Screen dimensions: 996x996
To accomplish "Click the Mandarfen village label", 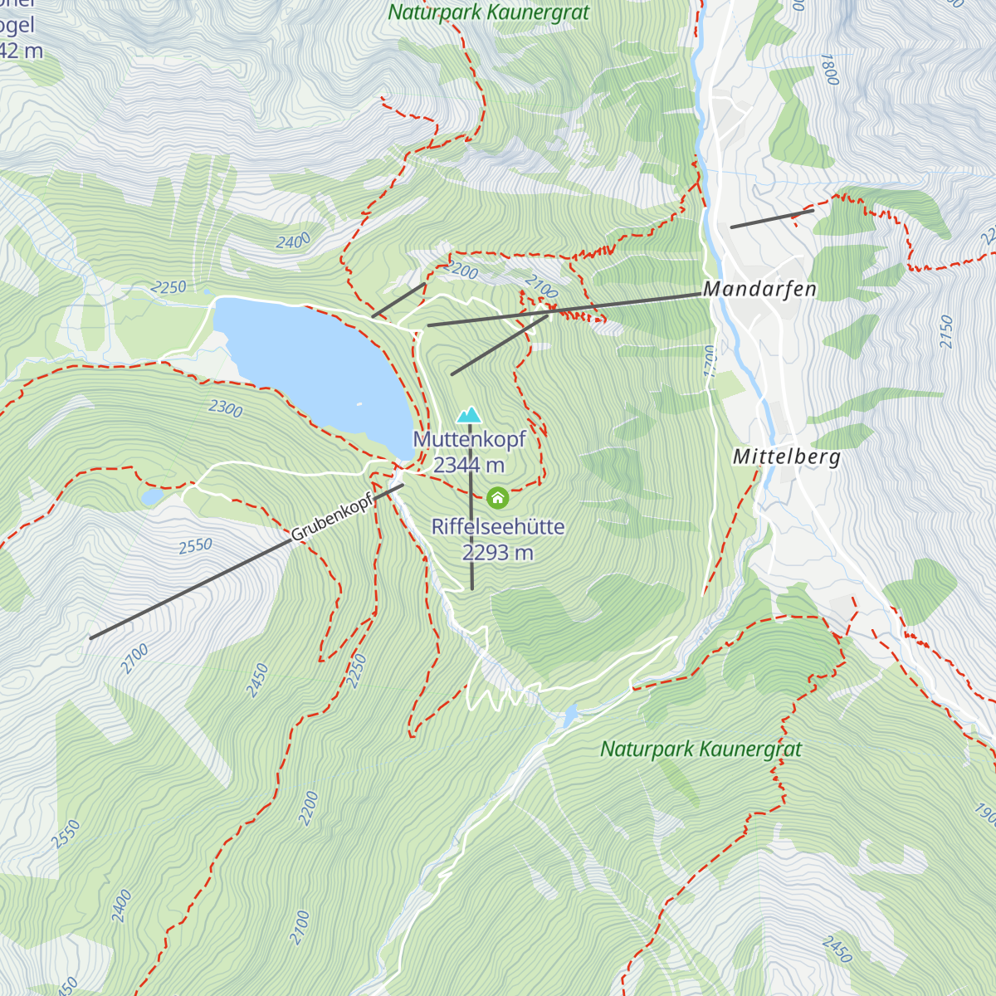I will tap(759, 289).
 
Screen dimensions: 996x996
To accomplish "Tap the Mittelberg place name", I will tap(786, 456).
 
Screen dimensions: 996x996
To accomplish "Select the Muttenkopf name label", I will tap(469, 439).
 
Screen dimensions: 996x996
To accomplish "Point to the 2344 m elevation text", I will tap(469, 465).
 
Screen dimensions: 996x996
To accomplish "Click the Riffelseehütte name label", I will tap(497, 526).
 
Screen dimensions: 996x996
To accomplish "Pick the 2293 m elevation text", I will tap(497, 552).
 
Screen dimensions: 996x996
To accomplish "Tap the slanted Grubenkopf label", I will tap(331, 516).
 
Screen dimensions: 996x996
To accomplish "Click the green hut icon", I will tap(497, 497).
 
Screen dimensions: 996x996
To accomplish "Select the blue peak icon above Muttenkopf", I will tap(469, 414).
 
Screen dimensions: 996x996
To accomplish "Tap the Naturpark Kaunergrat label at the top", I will tap(488, 12).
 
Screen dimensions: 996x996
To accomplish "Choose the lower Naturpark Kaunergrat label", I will tap(701, 749).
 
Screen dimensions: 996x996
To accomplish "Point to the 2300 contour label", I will tap(225, 408).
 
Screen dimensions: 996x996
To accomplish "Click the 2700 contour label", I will tap(134, 658).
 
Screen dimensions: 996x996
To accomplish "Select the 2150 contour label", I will tap(947, 331).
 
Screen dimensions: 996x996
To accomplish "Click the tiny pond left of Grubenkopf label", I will tap(152, 496).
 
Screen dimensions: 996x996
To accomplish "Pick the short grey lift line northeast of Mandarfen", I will tap(771, 218).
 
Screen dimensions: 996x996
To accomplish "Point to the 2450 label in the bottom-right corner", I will tap(837, 949).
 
